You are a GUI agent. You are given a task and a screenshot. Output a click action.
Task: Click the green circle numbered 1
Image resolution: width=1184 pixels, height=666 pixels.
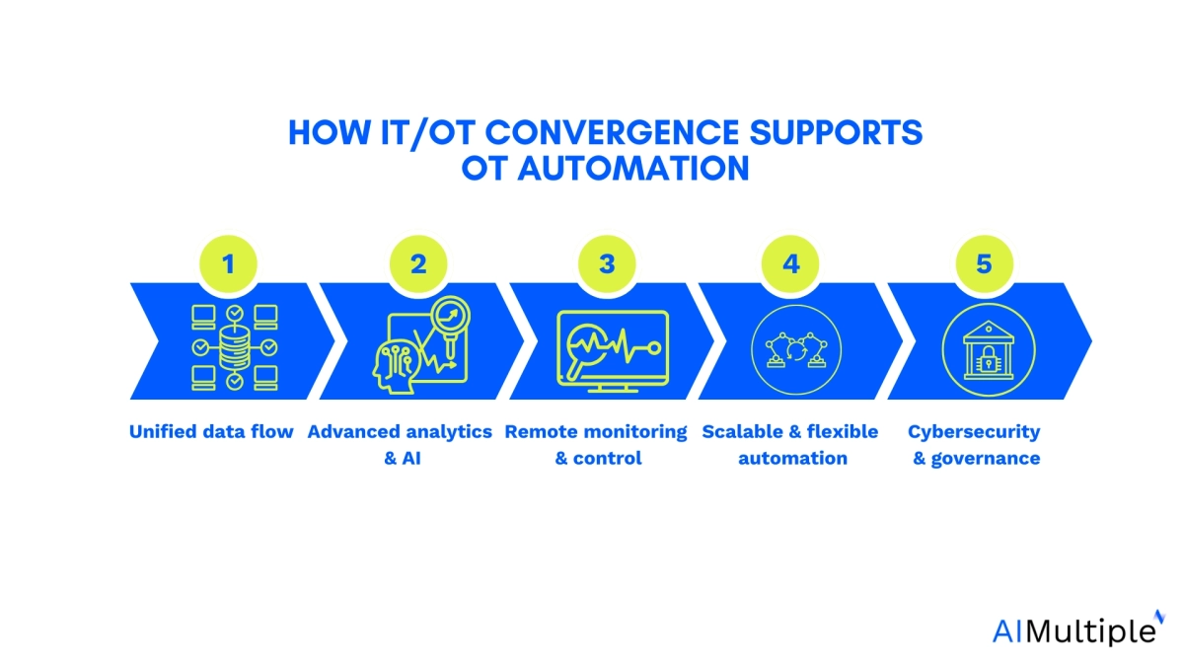click(x=229, y=263)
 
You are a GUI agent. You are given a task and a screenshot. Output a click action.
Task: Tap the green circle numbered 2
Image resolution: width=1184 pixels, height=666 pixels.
click(x=417, y=263)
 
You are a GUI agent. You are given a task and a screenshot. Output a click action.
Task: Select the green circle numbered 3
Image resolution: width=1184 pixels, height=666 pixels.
click(x=607, y=263)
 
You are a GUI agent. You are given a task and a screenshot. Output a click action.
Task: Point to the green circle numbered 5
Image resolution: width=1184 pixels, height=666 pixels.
click(x=984, y=263)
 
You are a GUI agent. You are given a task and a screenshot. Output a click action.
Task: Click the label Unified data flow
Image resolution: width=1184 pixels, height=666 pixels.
click(x=211, y=431)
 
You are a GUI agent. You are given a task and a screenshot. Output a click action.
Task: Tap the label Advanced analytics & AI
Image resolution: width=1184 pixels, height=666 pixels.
click(x=401, y=444)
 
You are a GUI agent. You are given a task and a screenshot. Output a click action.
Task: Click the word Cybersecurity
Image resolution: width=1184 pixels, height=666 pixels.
click(x=974, y=431)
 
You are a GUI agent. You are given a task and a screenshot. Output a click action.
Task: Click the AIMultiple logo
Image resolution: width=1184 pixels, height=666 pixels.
click(x=1073, y=629)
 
